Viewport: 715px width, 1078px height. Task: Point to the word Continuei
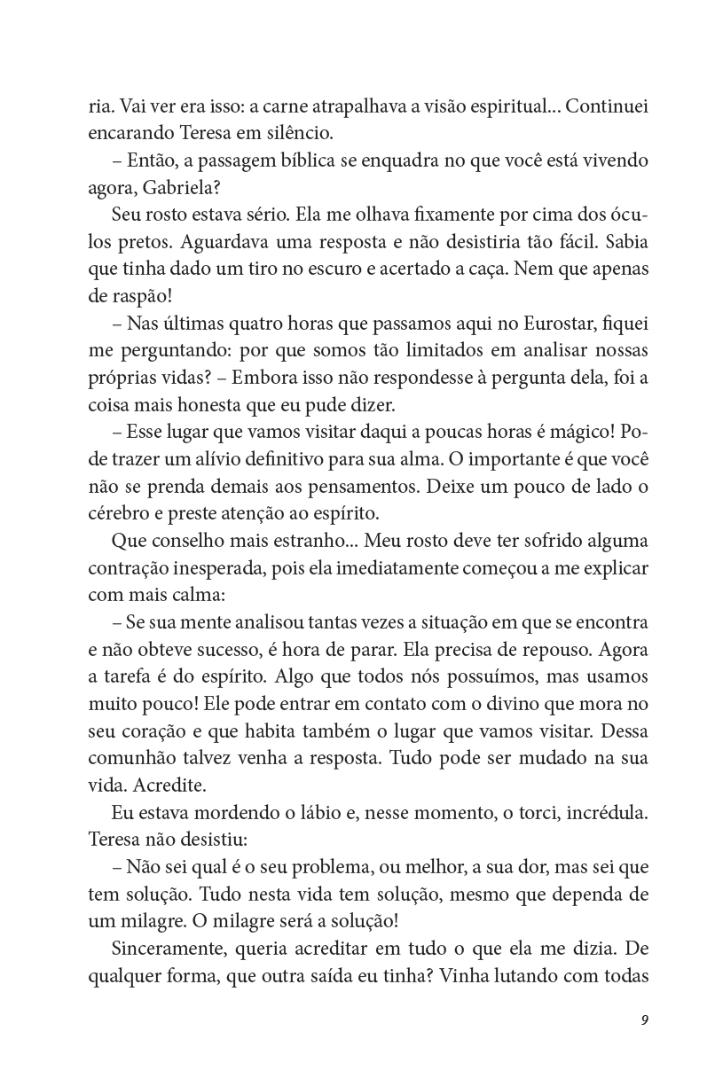pos(606,107)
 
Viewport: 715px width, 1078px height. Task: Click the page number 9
pos(644,1019)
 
